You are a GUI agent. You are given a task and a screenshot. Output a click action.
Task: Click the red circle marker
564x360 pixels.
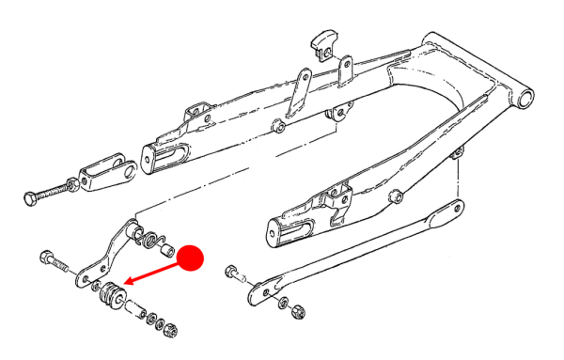[x=192, y=258]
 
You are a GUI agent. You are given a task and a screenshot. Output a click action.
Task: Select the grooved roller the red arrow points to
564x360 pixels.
[x=110, y=295]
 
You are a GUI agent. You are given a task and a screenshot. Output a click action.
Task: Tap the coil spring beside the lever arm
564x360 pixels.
[x=148, y=239]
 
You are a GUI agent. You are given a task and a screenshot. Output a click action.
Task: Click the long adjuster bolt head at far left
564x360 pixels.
[x=28, y=198]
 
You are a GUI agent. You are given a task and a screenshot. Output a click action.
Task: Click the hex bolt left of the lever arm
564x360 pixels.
[x=49, y=258]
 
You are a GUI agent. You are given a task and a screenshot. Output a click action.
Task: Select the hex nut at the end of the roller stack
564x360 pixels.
[x=172, y=330]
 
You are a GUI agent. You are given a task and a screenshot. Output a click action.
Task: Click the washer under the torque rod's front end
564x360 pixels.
[x=281, y=301]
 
